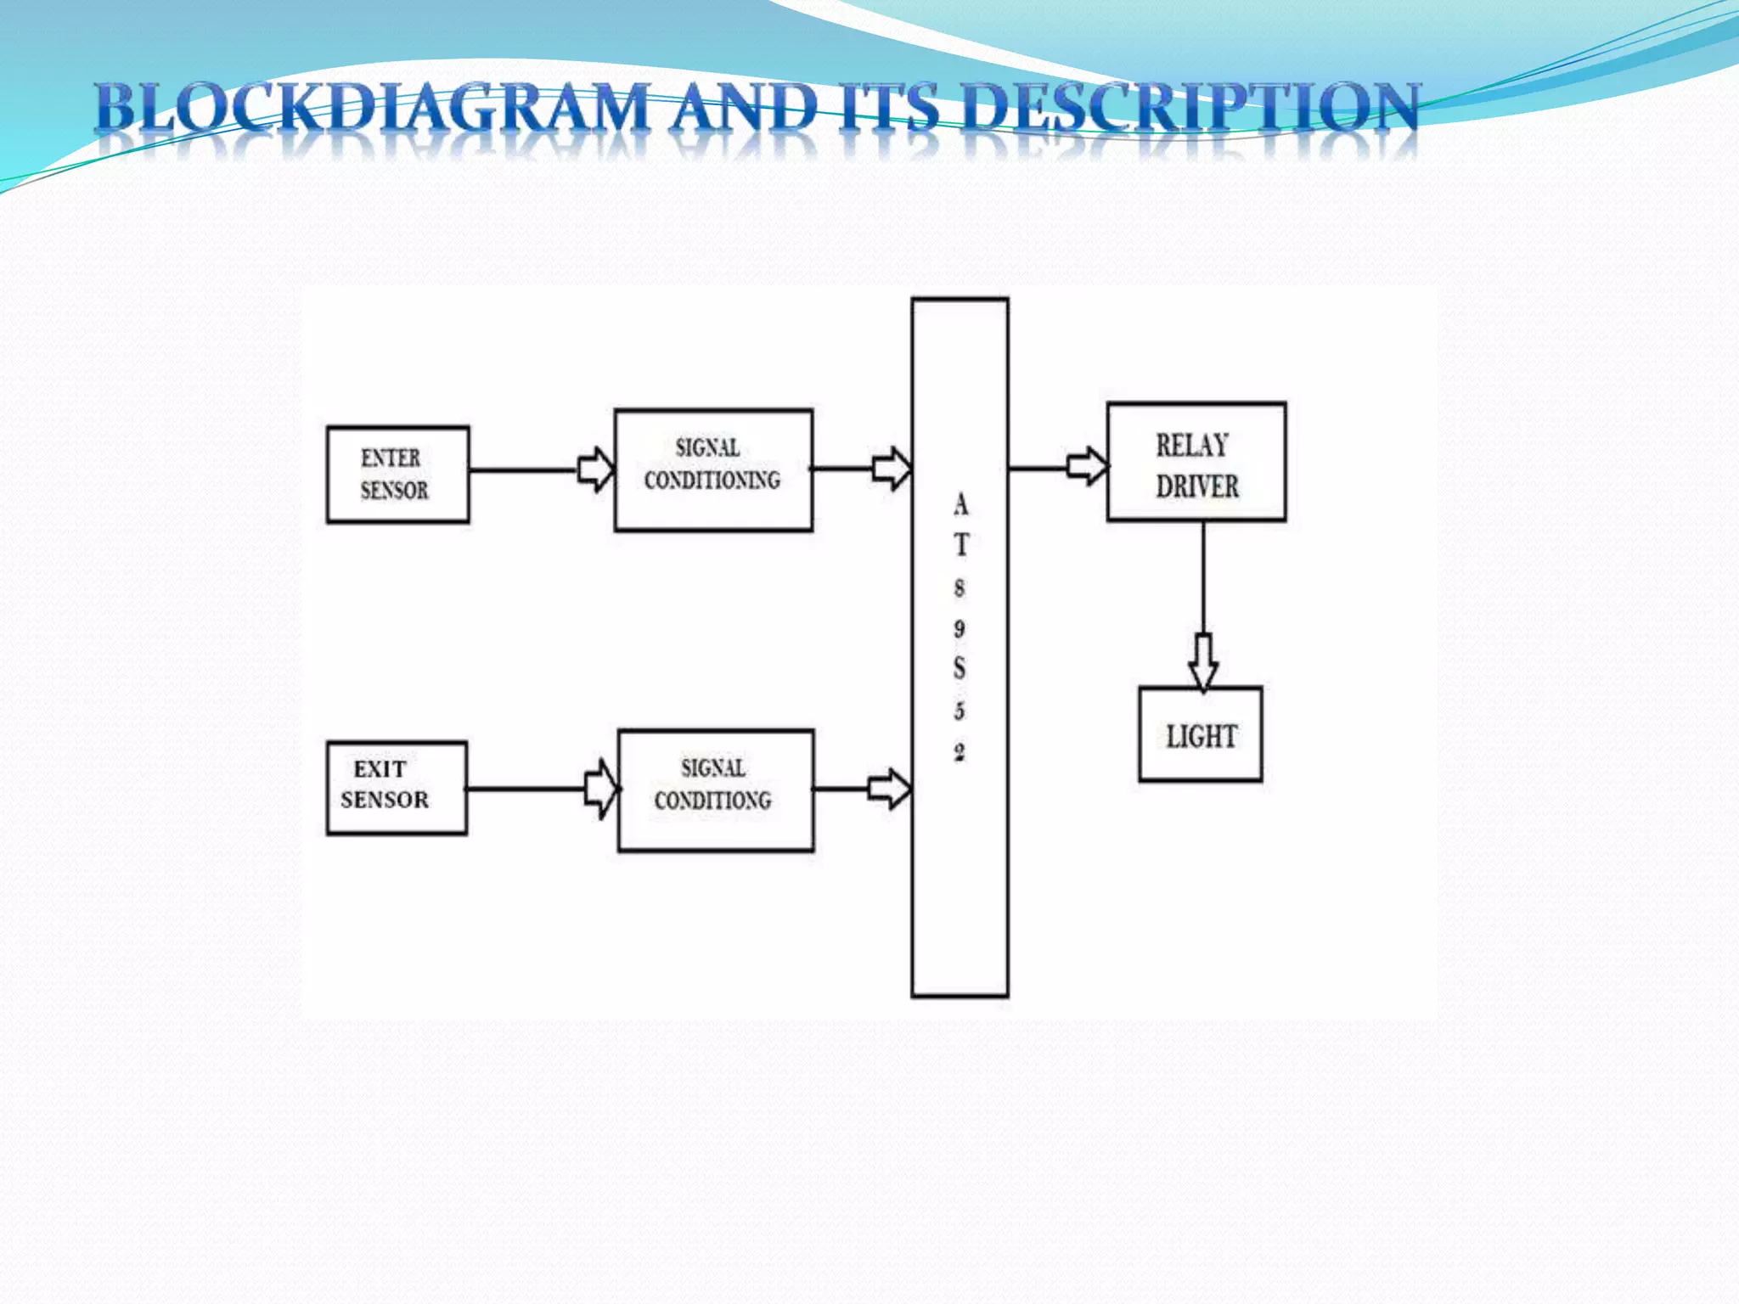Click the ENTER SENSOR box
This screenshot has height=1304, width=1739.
click(397, 475)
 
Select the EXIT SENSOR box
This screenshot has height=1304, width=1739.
click(397, 788)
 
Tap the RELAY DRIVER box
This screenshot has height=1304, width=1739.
click(1196, 462)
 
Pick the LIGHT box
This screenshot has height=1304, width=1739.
click(1200, 734)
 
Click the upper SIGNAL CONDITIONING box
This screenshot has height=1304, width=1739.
click(713, 470)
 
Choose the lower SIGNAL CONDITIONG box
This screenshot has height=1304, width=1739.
click(715, 790)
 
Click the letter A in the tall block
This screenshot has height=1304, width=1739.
click(960, 505)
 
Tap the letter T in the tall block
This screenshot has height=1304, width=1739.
click(960, 544)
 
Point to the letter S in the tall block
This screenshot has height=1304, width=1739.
click(960, 668)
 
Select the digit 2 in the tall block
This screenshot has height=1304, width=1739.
click(960, 752)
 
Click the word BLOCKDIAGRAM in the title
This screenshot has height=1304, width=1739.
click(372, 108)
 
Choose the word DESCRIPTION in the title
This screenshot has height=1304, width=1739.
click(1190, 108)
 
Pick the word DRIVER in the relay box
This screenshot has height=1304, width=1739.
click(1196, 486)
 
